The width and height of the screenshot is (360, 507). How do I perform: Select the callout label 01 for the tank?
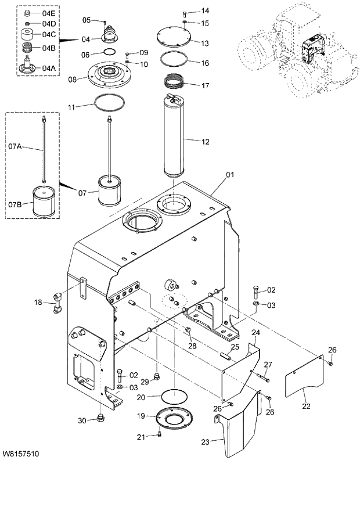(x=229, y=174)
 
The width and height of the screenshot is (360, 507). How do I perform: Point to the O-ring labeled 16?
(x=174, y=59)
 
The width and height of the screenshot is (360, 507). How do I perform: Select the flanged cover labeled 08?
(x=109, y=76)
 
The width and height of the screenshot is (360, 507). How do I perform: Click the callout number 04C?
(x=49, y=34)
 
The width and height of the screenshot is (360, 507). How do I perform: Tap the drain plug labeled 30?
(x=102, y=418)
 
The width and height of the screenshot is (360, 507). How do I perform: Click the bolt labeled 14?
(x=185, y=13)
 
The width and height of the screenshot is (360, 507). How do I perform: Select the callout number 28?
(x=192, y=346)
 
